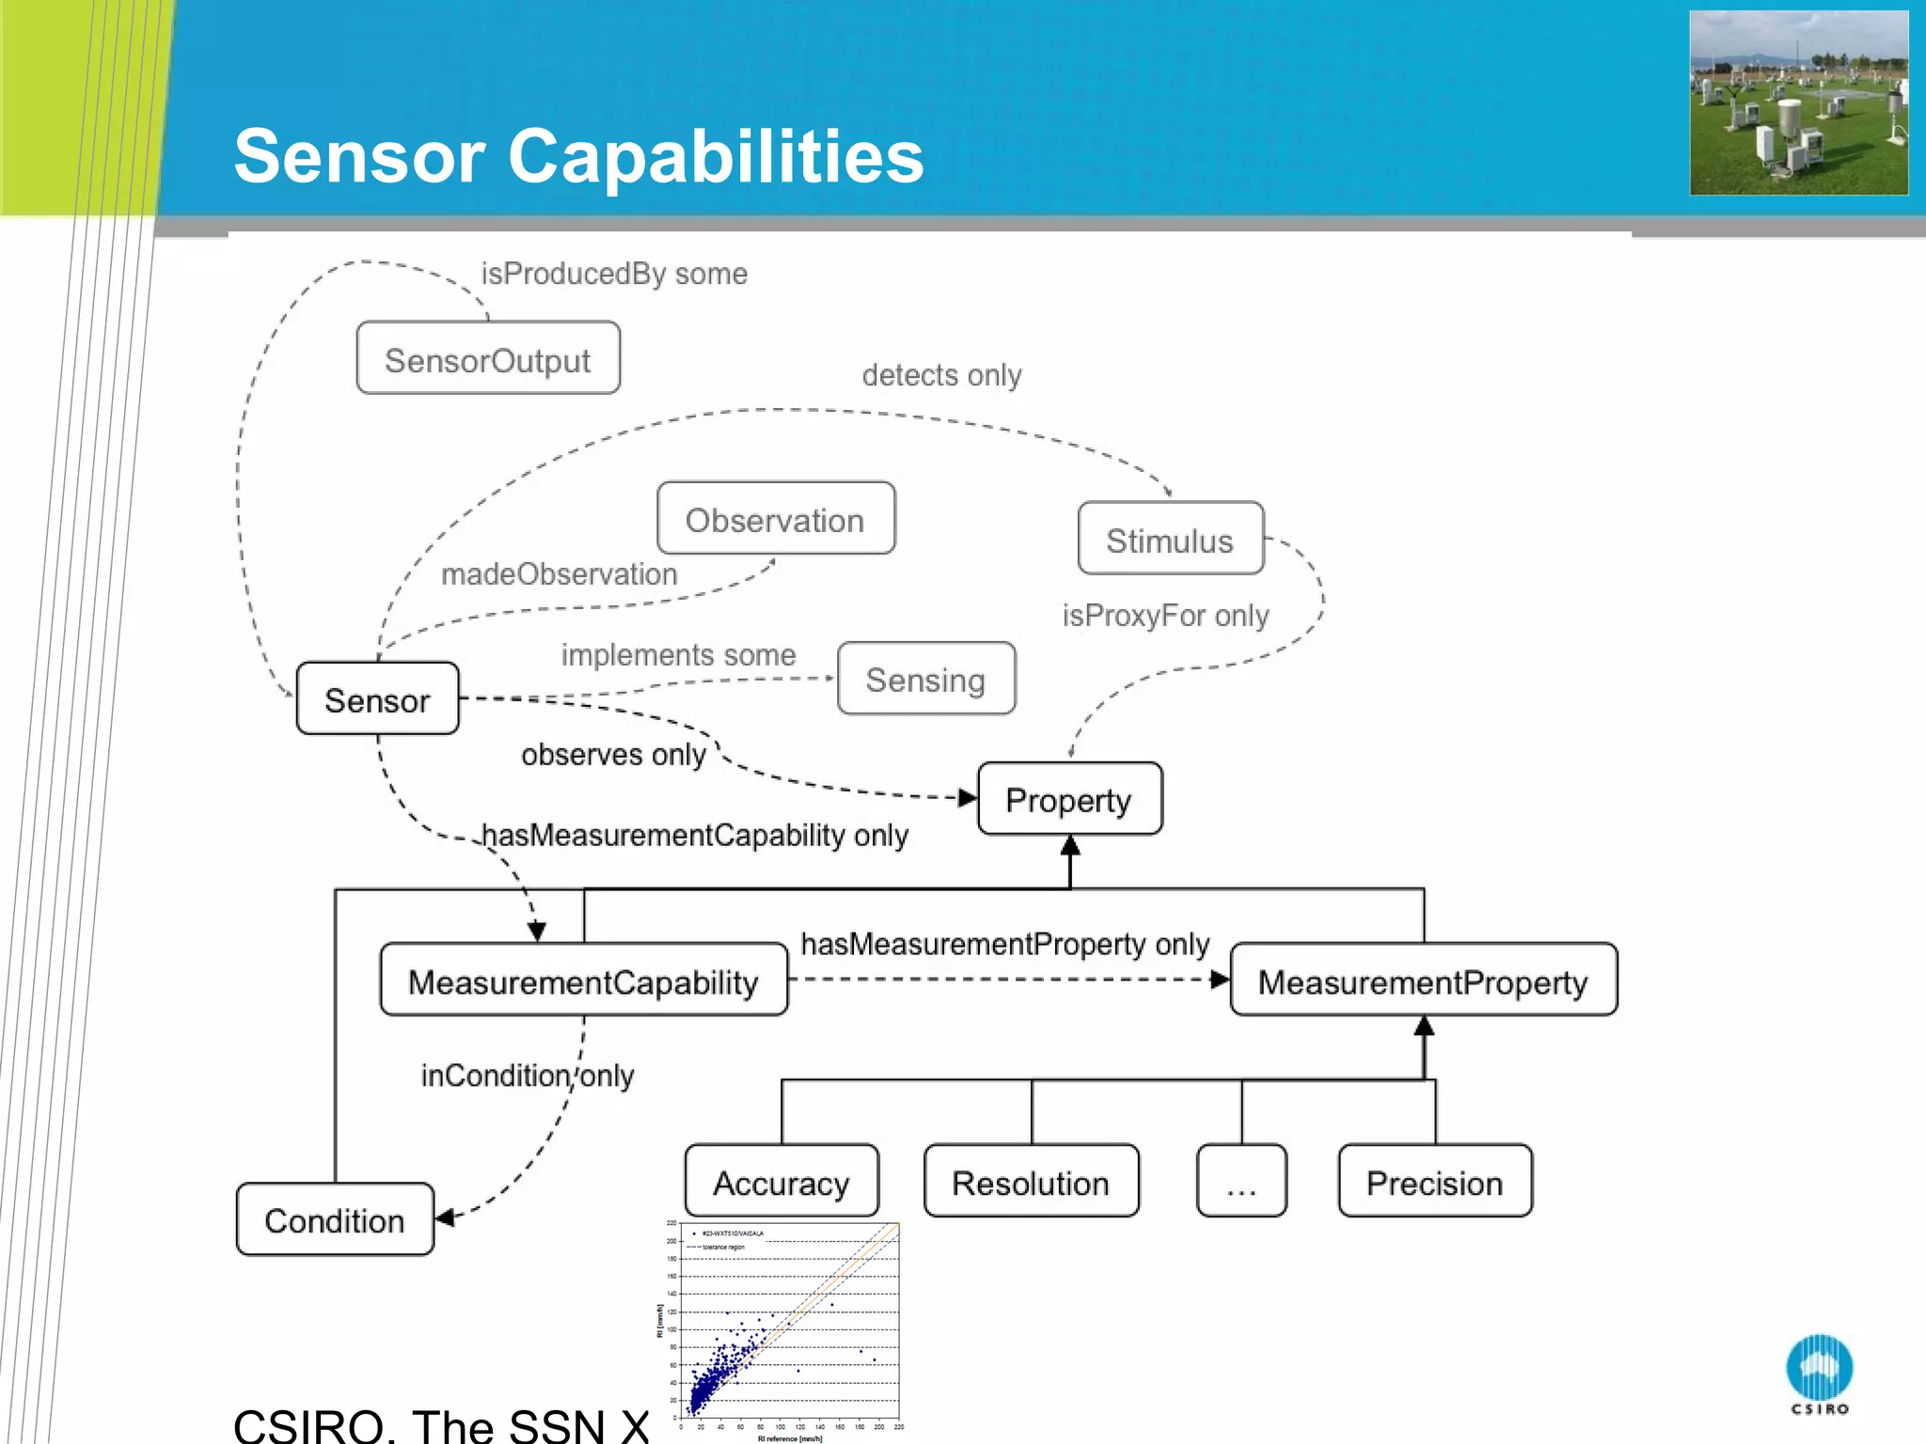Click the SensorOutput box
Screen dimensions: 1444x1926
click(x=488, y=358)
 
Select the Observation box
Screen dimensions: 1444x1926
click(x=776, y=519)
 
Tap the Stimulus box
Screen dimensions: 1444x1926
click(x=1170, y=539)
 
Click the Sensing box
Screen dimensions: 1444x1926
click(x=925, y=679)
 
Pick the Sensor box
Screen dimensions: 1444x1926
click(x=377, y=698)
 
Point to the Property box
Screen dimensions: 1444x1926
click(x=1069, y=799)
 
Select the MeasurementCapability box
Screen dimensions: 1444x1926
click(x=583, y=981)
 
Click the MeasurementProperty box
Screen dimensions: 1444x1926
click(x=1423, y=981)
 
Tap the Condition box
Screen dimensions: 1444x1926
click(x=335, y=1219)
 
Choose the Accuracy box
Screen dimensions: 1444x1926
click(x=781, y=1182)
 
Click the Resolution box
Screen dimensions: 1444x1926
click(x=1031, y=1182)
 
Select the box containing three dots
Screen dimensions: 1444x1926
click(x=1241, y=1182)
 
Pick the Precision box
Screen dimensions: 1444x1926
click(x=1434, y=1182)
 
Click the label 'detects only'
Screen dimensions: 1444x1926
click(x=941, y=375)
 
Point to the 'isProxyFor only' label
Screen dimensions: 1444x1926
click(x=1165, y=616)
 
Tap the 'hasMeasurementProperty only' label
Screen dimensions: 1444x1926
click(x=1004, y=944)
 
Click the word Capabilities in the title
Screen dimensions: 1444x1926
click(x=716, y=156)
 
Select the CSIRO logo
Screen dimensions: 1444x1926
click(x=1819, y=1373)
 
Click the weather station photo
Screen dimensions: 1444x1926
click(x=1798, y=103)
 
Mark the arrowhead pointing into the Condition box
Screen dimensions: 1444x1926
click(x=445, y=1217)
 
